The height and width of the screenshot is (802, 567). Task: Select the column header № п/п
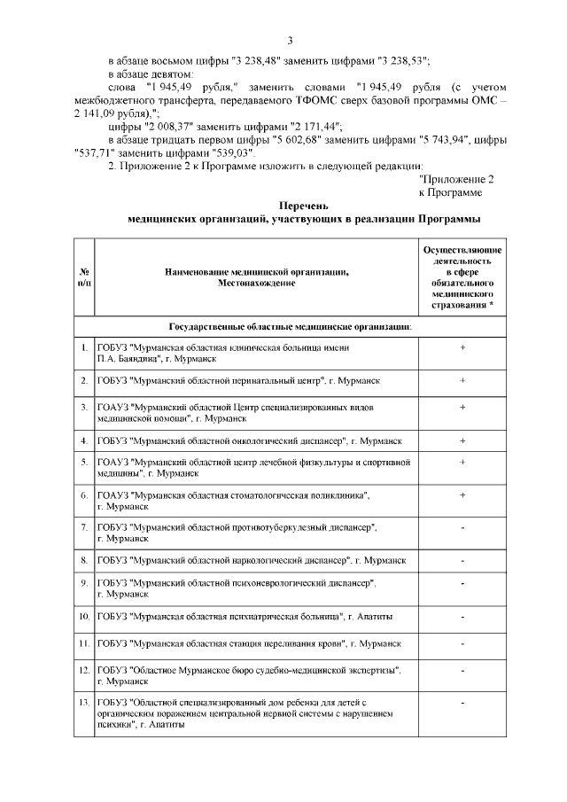coord(82,276)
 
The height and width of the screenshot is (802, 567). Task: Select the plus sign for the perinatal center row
coord(462,380)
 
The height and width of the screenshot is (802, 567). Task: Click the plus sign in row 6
coord(462,494)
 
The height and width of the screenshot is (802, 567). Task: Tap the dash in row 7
coord(462,527)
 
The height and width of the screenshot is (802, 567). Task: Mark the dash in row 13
coord(462,701)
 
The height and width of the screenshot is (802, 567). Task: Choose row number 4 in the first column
coord(82,440)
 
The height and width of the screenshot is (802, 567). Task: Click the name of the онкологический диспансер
coord(250,440)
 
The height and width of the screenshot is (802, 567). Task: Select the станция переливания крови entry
coord(250,642)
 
